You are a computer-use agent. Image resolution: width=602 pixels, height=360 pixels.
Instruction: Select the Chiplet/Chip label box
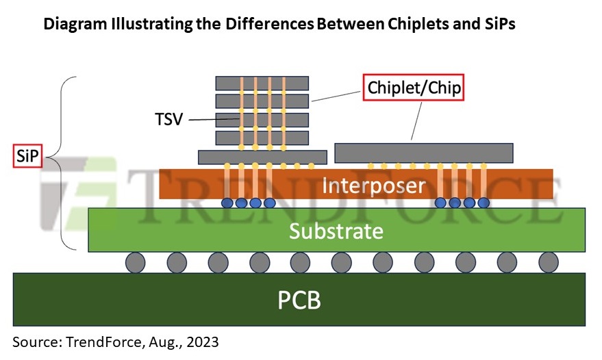point(414,88)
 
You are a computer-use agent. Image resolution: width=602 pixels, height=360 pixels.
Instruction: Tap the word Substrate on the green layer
point(336,231)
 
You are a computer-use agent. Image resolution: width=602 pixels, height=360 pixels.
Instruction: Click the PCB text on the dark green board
point(299,300)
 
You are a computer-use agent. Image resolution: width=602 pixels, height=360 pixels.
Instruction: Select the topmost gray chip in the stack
point(262,83)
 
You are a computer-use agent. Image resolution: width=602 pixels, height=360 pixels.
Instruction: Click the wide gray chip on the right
point(423,153)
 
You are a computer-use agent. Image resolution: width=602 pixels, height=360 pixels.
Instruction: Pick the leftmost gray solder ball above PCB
point(136,262)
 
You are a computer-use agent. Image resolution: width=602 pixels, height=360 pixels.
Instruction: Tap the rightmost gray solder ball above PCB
point(548,262)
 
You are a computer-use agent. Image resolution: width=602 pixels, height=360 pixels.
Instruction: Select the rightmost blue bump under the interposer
point(484,203)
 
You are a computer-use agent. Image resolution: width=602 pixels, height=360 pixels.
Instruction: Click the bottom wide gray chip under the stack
point(262,157)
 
